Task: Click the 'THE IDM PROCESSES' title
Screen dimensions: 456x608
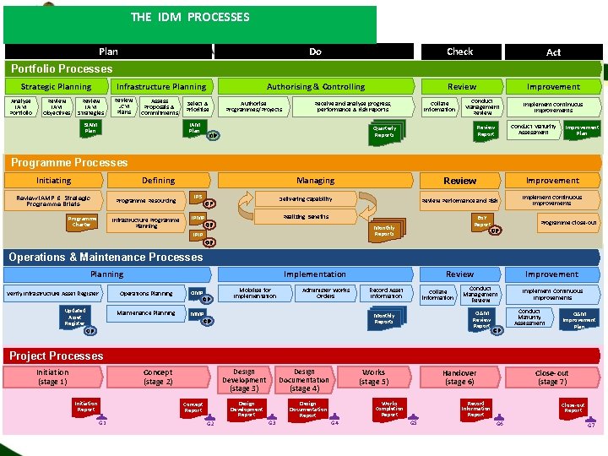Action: pos(190,17)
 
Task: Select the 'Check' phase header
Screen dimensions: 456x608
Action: pos(459,52)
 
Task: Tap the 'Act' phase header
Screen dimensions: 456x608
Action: pos(553,52)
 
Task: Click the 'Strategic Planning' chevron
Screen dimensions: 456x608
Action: pos(56,86)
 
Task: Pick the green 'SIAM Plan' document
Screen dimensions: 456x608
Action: pos(90,128)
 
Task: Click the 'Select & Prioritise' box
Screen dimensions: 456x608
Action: pos(198,106)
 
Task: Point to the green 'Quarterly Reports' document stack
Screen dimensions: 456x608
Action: pos(384,132)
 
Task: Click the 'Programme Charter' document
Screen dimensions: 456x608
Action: pos(82,222)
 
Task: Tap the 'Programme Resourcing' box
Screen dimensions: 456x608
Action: pos(146,201)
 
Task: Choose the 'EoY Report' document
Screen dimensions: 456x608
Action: pos(481,221)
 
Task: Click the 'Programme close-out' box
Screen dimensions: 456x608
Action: pos(568,222)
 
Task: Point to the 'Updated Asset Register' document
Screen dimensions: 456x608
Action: pos(74,317)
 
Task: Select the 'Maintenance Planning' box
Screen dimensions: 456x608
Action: pos(146,313)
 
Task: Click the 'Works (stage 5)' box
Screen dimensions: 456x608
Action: pos(373,377)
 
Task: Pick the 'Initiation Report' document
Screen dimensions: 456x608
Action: pos(86,405)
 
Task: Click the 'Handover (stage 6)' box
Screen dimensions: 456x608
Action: pos(459,377)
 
